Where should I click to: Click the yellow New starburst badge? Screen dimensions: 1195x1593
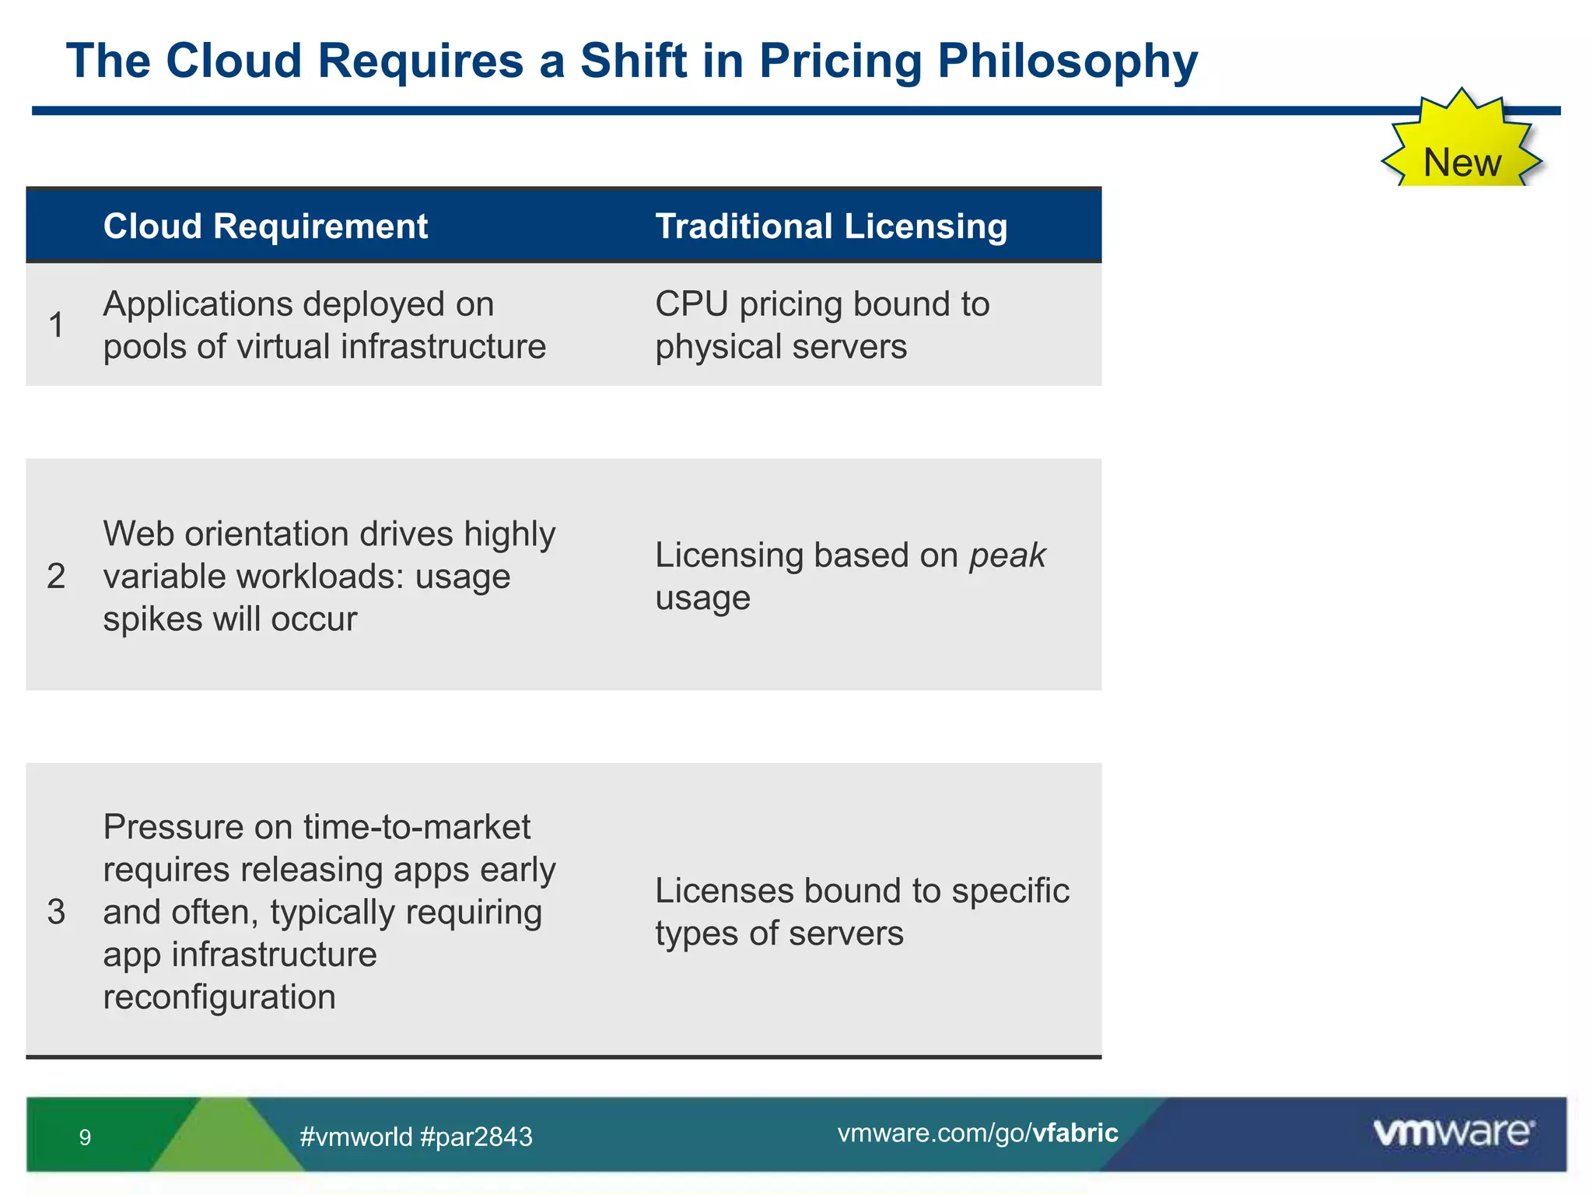click(1461, 148)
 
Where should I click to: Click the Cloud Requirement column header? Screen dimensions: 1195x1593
click(265, 226)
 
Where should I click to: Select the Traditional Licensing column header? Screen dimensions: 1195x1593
click(831, 226)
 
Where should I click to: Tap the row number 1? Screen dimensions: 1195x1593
click(56, 325)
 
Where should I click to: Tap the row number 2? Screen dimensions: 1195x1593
click(56, 576)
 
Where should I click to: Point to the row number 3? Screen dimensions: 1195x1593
click(56, 912)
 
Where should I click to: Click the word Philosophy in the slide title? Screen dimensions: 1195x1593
click(1067, 61)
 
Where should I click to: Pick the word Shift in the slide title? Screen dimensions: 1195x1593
click(633, 61)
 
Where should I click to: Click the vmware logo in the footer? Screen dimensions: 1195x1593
click(1453, 1132)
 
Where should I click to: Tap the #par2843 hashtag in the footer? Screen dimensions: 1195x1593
click(476, 1137)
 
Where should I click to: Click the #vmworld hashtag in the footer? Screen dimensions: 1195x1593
click(356, 1137)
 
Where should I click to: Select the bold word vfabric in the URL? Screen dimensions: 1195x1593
click(1075, 1133)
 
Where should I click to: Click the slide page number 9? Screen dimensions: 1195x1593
click(85, 1137)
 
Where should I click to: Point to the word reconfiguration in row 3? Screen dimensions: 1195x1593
click(219, 997)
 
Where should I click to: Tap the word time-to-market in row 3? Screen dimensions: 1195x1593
click(417, 827)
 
